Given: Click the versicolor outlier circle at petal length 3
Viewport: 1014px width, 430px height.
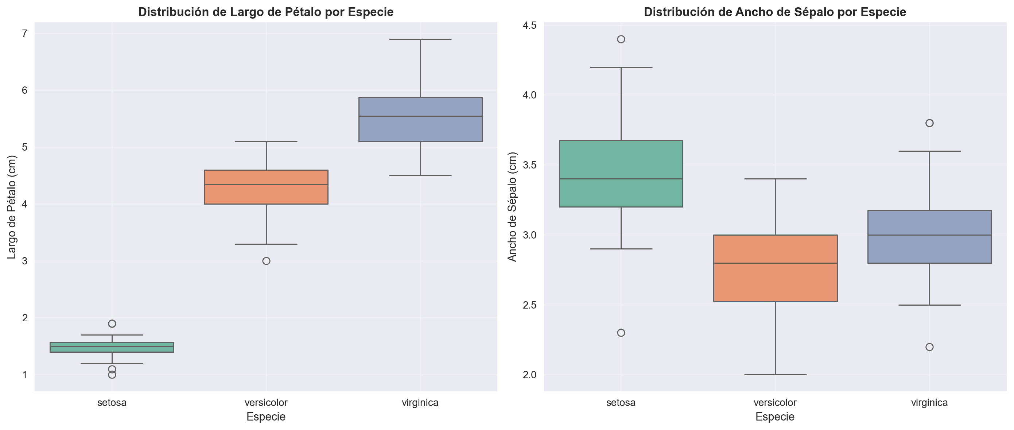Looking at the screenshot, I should point(266,261).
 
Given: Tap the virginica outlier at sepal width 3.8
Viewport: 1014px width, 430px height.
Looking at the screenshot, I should point(929,123).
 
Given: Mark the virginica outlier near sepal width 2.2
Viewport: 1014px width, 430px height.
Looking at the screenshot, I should point(929,347).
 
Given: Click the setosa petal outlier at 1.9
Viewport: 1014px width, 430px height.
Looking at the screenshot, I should point(112,324).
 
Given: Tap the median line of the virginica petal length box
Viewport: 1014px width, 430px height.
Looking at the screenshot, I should point(420,116).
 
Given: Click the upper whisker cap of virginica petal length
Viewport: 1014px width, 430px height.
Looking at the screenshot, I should point(420,39).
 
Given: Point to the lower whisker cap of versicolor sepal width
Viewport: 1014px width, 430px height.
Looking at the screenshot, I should point(775,375).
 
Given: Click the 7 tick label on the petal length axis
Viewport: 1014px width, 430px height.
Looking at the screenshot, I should point(24,34).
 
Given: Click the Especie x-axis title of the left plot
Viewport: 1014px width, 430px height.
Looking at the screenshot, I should point(266,417).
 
